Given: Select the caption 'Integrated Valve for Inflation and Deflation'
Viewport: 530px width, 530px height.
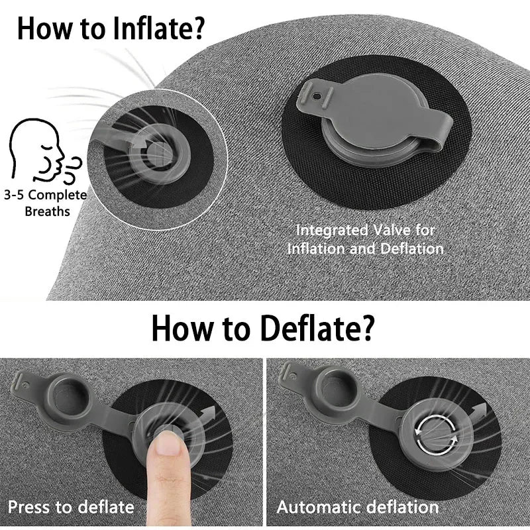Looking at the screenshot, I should [x=365, y=239].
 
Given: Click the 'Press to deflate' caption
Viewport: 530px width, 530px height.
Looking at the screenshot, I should [x=71, y=507].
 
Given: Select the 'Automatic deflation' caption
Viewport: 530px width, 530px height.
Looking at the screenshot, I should [x=358, y=507].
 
